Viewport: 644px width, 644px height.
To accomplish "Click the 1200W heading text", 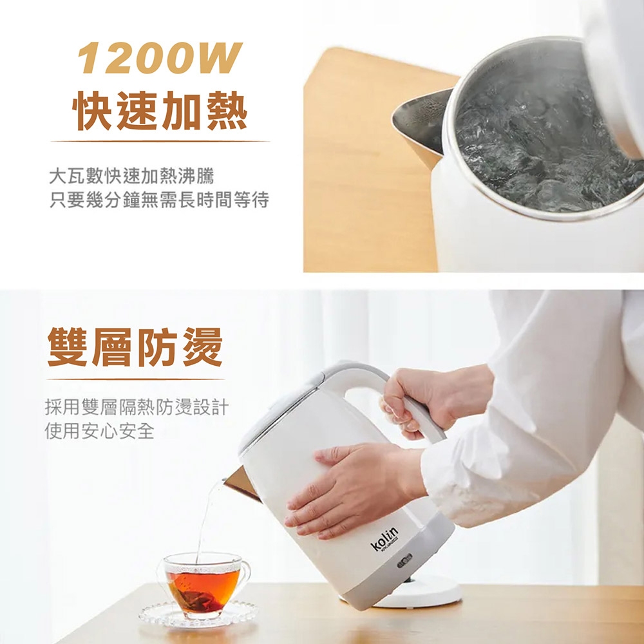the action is [x=160, y=57].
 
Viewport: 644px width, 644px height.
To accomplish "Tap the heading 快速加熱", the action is [x=160, y=111].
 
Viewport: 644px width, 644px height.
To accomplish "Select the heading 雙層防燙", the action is [x=135, y=347].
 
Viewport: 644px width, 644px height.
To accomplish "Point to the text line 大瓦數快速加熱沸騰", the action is [x=131, y=176].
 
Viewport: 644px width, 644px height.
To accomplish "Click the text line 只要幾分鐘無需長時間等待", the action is [x=159, y=200].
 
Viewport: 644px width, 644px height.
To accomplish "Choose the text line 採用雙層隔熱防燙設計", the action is [x=137, y=407].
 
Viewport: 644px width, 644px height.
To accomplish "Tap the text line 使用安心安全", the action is [x=100, y=431].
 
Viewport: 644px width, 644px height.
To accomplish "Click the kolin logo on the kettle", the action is [x=384, y=538].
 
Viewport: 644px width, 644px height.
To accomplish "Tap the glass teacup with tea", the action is [x=204, y=584].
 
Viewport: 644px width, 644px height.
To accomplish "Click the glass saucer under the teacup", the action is [x=198, y=615].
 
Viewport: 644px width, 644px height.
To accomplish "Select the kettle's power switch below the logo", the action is [x=404, y=560].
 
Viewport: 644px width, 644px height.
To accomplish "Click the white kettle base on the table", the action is [x=419, y=592].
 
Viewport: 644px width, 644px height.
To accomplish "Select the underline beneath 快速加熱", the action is [x=160, y=141].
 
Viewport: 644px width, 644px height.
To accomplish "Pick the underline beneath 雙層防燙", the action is [x=135, y=379].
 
